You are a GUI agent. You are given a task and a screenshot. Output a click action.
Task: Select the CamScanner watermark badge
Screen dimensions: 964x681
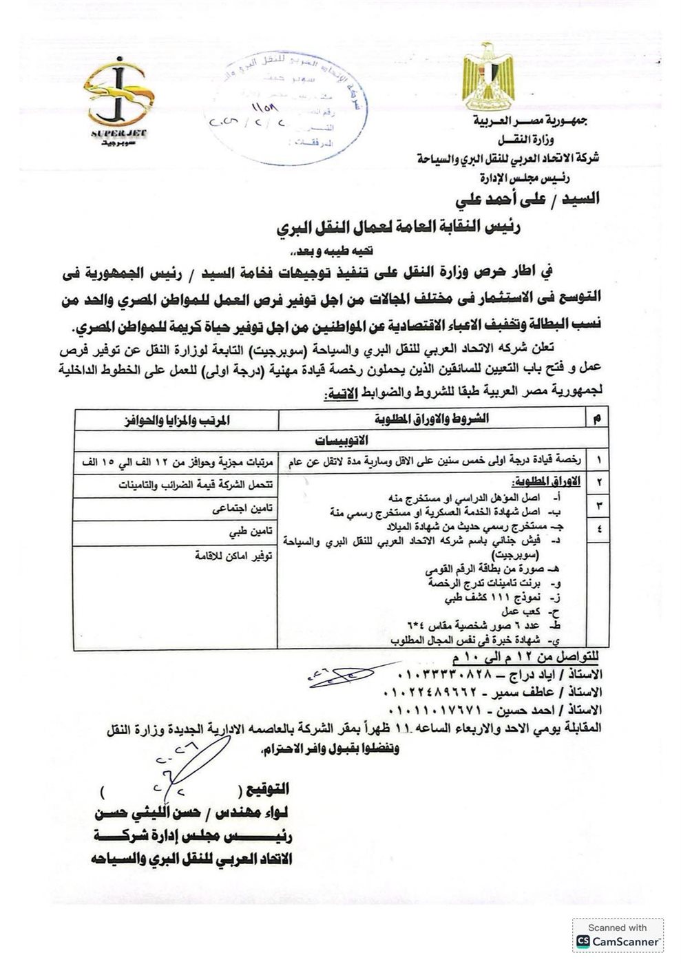617,935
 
